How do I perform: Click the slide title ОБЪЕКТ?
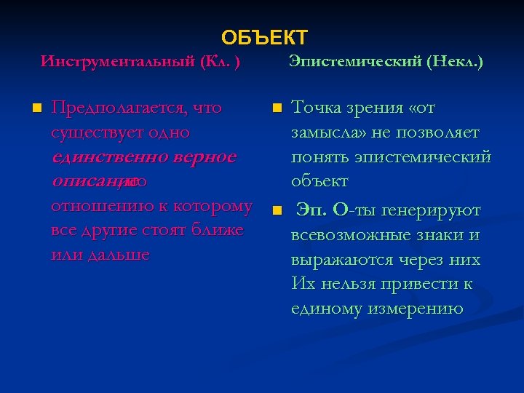[265, 37]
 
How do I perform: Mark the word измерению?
[417, 309]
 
